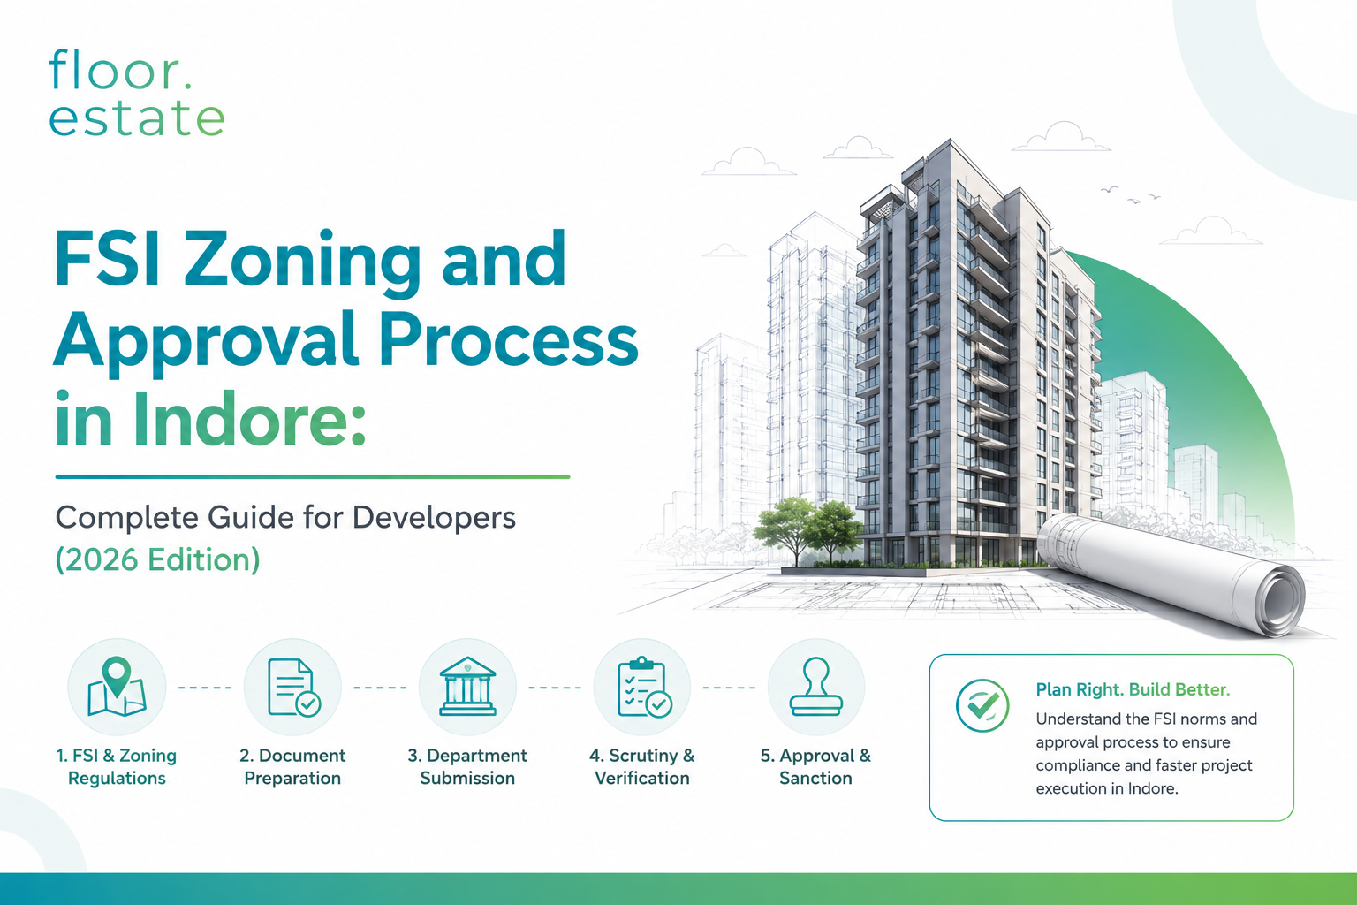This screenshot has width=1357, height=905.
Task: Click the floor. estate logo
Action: point(137,93)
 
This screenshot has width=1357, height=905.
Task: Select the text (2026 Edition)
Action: point(157,559)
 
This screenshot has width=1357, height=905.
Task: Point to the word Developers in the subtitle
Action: point(434,517)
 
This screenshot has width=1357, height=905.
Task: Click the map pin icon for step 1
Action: point(117,687)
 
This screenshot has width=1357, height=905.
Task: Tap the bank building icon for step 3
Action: point(467,686)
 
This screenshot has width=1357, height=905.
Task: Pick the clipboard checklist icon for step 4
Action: point(644,688)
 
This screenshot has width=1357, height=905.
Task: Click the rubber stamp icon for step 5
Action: point(816,686)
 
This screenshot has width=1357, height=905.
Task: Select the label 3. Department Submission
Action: point(467,767)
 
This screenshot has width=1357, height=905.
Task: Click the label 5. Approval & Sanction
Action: point(816,767)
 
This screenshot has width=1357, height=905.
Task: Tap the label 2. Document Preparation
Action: point(292,767)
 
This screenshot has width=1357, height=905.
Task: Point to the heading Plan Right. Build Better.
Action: point(1133,690)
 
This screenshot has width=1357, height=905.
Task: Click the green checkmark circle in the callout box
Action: point(982,705)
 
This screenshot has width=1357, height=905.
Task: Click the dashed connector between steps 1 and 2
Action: point(205,688)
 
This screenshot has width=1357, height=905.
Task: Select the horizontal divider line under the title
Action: point(313,477)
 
